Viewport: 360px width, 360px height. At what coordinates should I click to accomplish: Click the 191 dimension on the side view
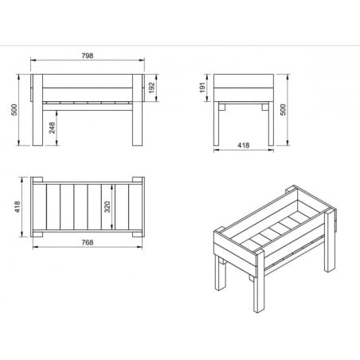(204, 87)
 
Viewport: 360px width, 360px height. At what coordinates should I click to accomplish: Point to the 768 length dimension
(87, 241)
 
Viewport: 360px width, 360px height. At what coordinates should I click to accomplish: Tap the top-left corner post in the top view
(36, 181)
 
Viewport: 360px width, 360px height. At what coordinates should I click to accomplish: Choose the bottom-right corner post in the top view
(138, 232)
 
